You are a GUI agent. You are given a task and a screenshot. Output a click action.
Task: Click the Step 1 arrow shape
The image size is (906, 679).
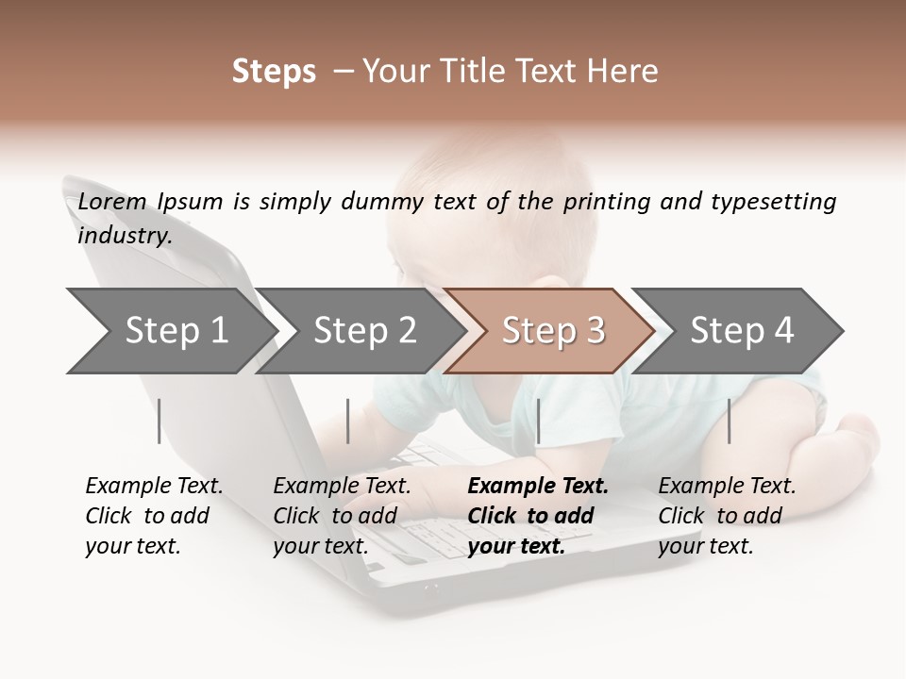170,331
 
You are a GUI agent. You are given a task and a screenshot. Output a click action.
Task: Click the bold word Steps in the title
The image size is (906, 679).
274,71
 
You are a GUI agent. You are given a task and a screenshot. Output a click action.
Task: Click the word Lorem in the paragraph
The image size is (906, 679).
112,202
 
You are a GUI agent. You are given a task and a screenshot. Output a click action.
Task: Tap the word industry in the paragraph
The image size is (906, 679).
125,236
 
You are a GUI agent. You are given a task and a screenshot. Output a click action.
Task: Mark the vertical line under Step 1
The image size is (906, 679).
159,421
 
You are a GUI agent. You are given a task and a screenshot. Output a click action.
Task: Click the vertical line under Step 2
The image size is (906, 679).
348,421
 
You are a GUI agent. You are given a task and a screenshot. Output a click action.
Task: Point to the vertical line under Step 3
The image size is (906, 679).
538,421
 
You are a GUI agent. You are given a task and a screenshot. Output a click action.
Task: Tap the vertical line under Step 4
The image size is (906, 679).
729,421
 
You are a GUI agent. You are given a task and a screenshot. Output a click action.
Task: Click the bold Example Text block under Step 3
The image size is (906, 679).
538,516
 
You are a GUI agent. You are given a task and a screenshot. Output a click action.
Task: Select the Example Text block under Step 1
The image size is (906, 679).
154,516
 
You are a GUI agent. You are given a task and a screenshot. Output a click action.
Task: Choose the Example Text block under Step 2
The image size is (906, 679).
342,516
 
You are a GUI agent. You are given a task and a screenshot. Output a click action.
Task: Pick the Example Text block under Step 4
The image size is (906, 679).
727,516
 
